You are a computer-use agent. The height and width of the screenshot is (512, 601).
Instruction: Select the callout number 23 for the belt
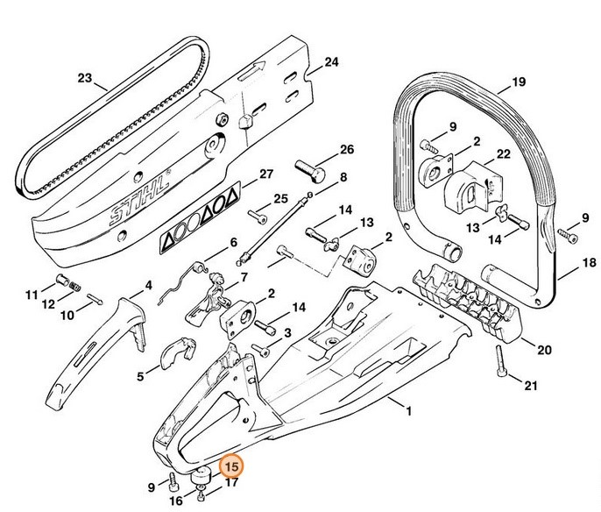pyautogui.click(x=84, y=78)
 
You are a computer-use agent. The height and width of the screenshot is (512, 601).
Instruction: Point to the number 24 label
pyautogui.click(x=331, y=62)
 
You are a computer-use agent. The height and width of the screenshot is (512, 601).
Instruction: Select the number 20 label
pyautogui.click(x=544, y=351)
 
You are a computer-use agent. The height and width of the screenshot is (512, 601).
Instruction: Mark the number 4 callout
pyautogui.click(x=149, y=285)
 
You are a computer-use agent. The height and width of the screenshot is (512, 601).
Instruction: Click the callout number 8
pyautogui.click(x=343, y=177)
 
